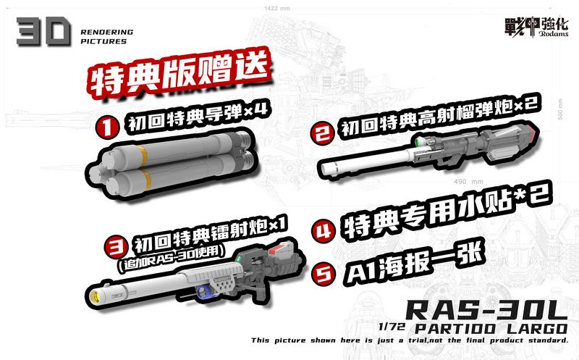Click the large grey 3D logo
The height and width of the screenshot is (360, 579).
coord(43,33)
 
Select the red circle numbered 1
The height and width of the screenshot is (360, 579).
coord(107,127)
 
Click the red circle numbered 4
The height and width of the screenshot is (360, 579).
coord(321,231)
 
